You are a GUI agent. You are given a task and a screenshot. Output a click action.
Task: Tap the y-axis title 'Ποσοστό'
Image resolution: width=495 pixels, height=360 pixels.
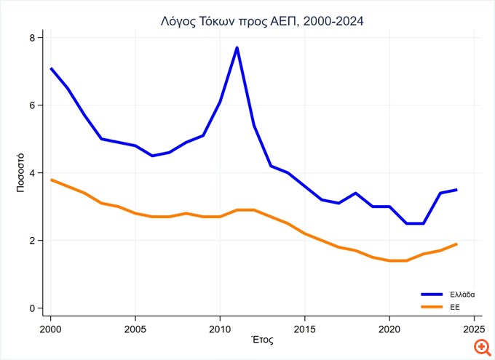[21, 172]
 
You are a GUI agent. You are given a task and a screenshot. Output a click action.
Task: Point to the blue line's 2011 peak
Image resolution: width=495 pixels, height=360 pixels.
[237, 48]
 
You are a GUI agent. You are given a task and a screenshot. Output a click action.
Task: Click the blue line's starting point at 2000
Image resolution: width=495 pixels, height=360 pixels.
[51, 68]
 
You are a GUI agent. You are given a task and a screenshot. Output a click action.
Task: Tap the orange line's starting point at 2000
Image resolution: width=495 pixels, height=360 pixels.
[51, 180]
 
